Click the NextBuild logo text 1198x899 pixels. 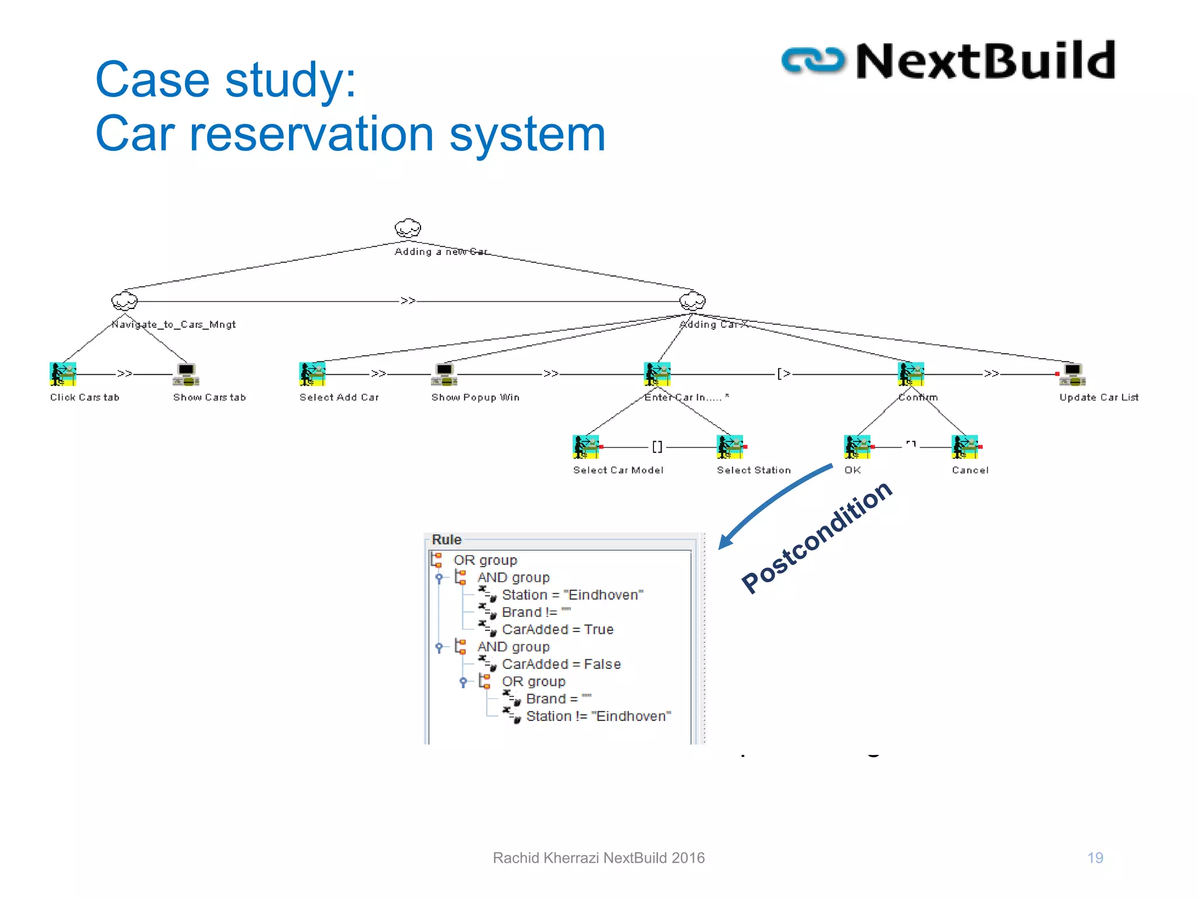click(985, 61)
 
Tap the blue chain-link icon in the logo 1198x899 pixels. click(813, 61)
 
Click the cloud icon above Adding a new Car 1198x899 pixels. click(408, 228)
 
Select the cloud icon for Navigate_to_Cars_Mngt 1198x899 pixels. click(124, 301)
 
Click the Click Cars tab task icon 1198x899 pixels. click(63, 374)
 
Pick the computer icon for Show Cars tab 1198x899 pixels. click(186, 375)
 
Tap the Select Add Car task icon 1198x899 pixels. click(312, 374)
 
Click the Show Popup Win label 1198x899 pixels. click(475, 397)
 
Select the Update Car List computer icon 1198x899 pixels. click(1072, 375)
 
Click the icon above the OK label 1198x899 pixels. click(857, 447)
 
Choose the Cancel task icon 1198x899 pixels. click(965, 447)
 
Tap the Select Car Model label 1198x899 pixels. click(618, 470)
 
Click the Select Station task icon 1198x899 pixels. click(729, 447)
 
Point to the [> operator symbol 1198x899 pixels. click(783, 373)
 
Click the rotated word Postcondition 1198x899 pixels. click(817, 537)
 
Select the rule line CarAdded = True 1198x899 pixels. click(557, 629)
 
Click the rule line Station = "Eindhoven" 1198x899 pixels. click(572, 595)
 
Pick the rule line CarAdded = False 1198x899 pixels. click(561, 664)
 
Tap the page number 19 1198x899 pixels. click(1095, 858)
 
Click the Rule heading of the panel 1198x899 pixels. click(446, 540)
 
